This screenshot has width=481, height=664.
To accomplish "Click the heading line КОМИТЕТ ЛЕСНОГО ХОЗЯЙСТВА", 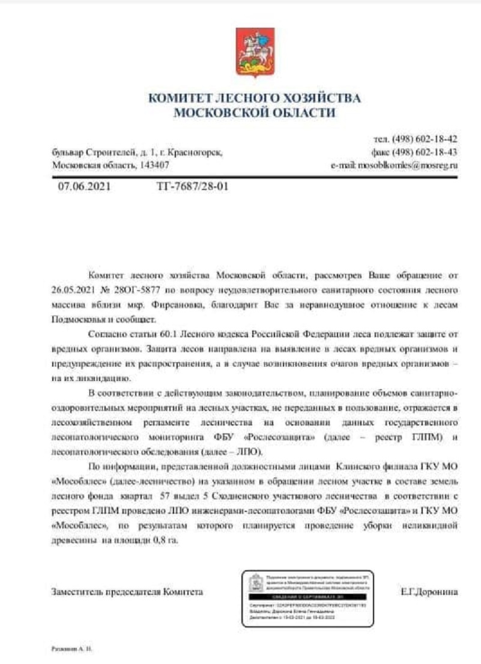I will (x=255, y=98).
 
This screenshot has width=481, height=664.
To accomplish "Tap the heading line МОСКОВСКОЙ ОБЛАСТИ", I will (x=255, y=112).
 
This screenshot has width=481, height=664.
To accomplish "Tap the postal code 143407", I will (x=156, y=165).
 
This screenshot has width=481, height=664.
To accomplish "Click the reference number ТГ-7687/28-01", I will (x=192, y=186).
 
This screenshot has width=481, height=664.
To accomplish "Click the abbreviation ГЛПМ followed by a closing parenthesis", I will (x=425, y=437).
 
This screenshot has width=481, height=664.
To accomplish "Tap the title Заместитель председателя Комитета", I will (x=127, y=592).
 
